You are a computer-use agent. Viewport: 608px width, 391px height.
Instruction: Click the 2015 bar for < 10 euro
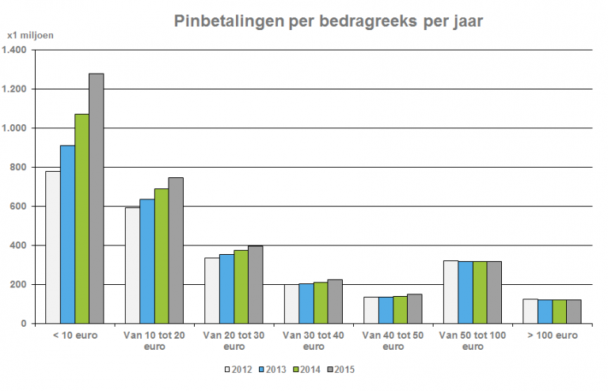coord(97,198)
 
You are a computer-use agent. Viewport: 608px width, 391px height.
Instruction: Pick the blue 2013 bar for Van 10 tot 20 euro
coord(147,261)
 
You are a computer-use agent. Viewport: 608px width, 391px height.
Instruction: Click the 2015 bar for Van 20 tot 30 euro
coord(255,285)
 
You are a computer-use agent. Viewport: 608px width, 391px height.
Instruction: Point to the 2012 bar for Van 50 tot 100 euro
coord(450,292)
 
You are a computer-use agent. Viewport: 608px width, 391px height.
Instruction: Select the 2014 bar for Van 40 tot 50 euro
coord(400,309)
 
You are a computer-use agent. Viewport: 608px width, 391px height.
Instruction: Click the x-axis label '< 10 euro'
coord(74,336)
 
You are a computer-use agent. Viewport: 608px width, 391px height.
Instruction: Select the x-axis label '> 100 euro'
coord(552,336)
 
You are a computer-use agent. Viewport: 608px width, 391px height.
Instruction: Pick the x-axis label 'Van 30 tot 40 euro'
coord(313,341)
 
